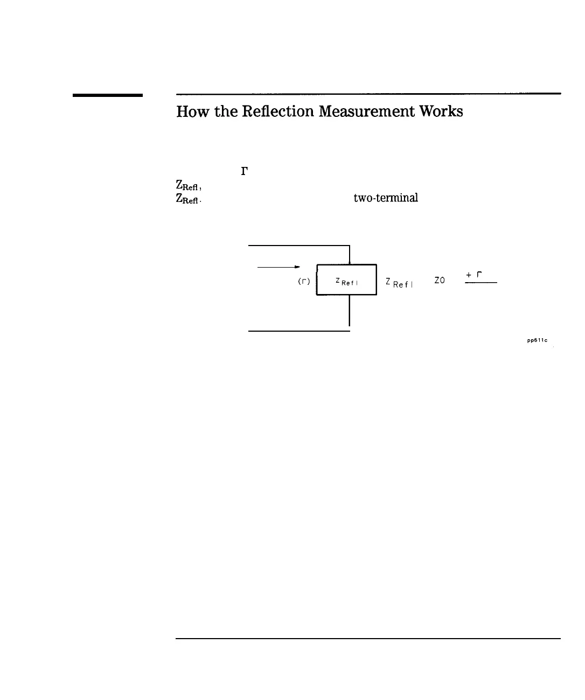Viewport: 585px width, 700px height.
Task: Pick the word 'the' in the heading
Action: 218,111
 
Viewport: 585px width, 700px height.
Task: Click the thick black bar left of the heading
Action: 108,95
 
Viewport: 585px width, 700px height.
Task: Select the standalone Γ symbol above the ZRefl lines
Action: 244,172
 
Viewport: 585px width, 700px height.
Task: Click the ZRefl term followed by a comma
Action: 188,187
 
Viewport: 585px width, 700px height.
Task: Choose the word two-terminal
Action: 386,198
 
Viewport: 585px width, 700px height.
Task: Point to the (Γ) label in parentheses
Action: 304,281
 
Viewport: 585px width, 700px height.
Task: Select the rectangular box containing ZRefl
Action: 346,280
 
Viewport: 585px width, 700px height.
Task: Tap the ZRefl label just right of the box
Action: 399,282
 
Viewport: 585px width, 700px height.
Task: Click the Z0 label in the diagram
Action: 440,281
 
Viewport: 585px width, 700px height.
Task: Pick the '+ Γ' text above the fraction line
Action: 474,275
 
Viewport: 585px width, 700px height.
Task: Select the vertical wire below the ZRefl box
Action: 350,310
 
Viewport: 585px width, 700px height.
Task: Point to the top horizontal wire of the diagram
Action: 299,245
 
